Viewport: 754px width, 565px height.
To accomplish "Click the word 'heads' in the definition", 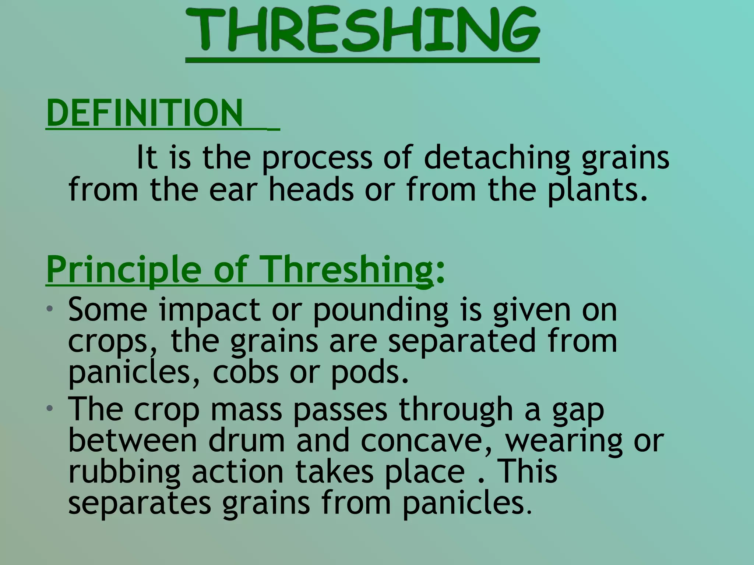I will [x=311, y=189].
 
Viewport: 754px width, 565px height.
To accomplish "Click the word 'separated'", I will [x=462, y=341].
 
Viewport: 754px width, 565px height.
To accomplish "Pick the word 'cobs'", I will [x=246, y=372].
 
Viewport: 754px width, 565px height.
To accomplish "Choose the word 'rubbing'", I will [x=124, y=472].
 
